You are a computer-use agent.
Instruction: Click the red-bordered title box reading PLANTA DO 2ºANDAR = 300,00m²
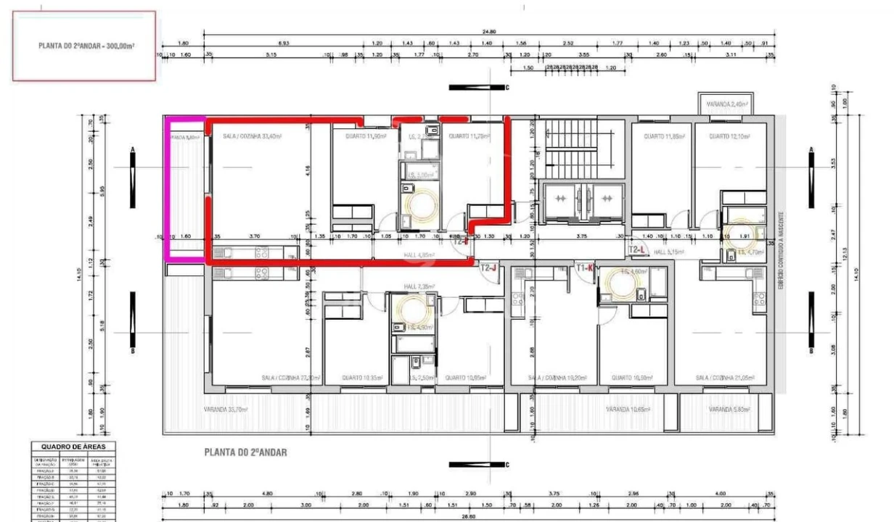pos(84,45)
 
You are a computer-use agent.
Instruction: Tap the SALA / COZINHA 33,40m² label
pos(252,136)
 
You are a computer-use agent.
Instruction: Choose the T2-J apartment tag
pos(488,268)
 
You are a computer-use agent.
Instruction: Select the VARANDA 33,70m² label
pos(226,410)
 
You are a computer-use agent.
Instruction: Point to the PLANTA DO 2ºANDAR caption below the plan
pos(245,452)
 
